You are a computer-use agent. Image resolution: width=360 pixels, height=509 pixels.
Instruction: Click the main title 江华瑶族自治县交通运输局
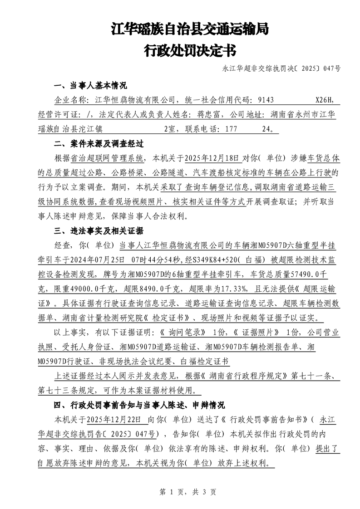[190, 29]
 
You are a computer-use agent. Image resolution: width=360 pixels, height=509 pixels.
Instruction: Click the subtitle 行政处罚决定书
[190, 50]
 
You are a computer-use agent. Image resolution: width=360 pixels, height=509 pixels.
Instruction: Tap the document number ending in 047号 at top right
[281, 69]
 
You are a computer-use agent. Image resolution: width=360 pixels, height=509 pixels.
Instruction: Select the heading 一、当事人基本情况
[90, 85]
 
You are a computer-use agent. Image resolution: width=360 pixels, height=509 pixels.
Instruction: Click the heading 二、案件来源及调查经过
[99, 144]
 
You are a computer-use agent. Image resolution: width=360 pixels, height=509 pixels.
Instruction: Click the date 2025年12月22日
[113, 419]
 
